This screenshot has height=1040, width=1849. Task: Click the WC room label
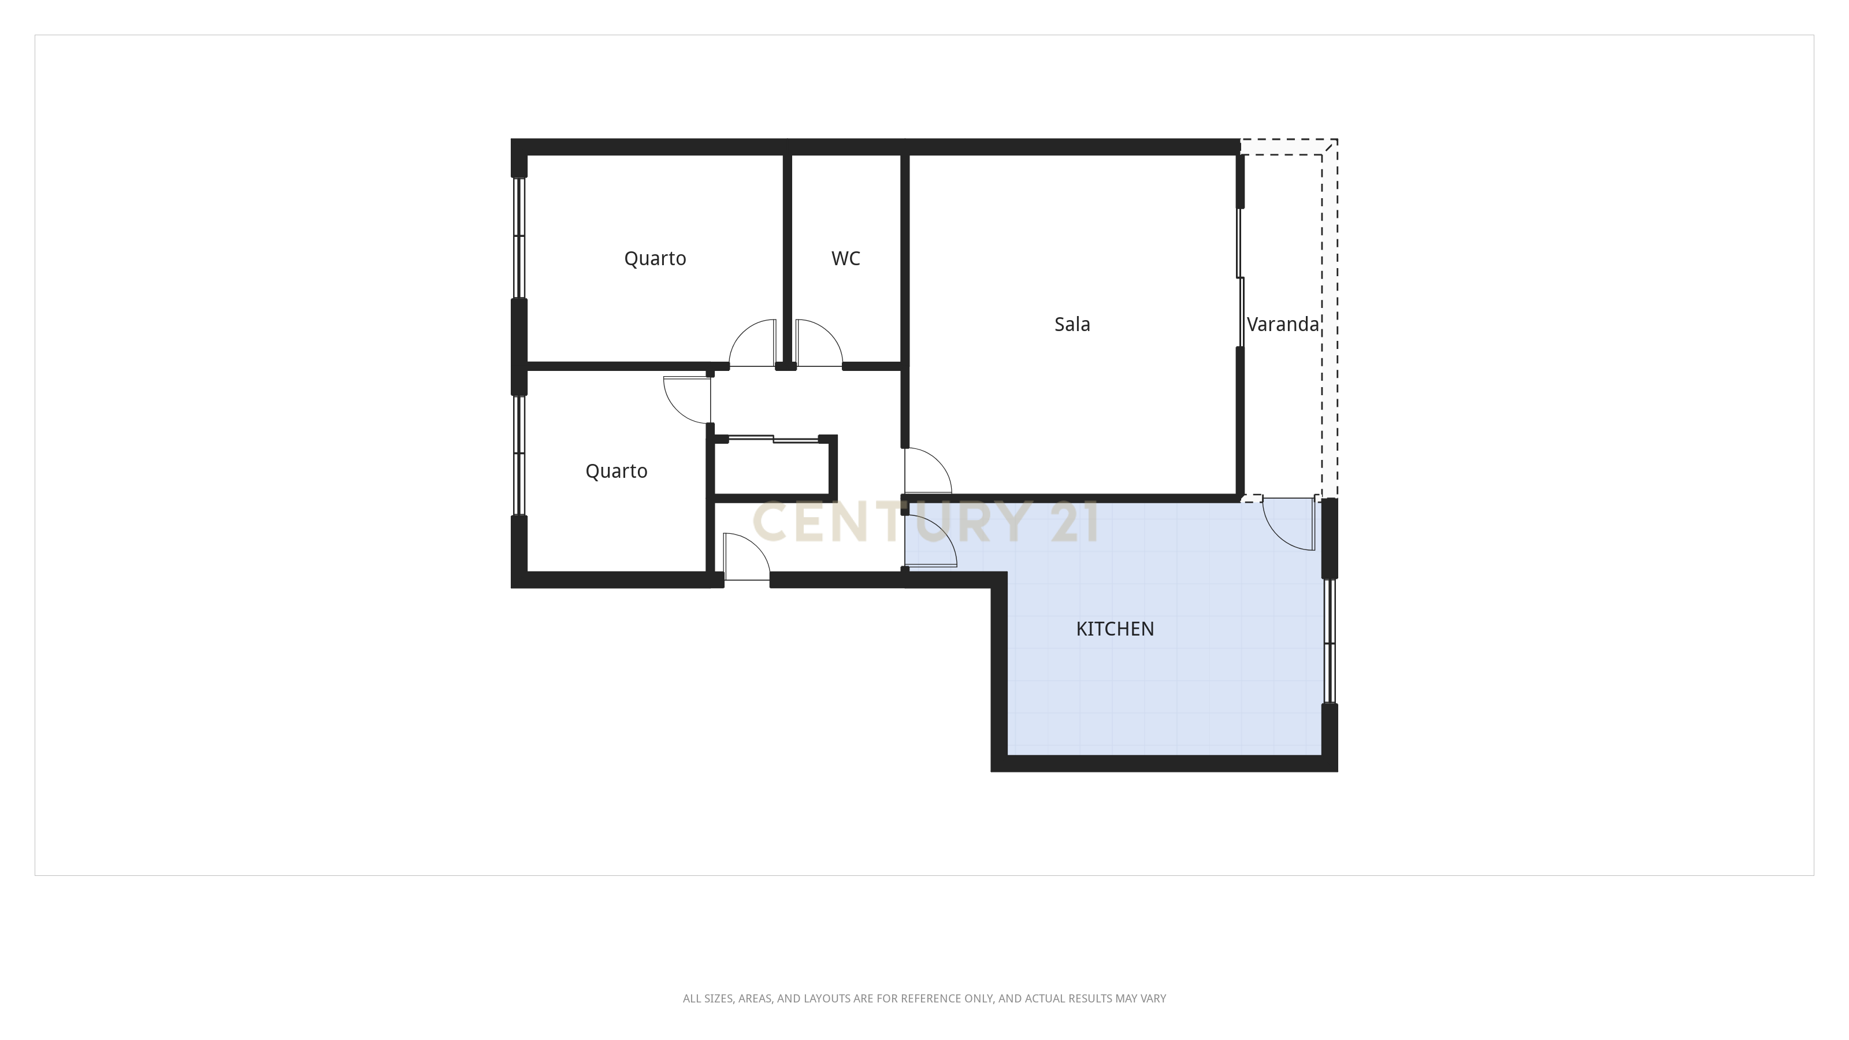[845, 259]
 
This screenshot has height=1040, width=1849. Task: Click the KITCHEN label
[1115, 629]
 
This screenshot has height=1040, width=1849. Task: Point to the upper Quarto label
[655, 259]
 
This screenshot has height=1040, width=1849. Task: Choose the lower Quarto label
[616, 471]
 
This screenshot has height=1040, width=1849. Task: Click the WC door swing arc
[818, 343]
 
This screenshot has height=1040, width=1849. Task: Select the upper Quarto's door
[752, 343]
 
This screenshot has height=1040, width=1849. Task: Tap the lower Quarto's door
[687, 399]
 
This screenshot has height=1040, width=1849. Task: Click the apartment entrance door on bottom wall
[747, 557]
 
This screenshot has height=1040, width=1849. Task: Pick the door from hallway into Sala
[927, 471]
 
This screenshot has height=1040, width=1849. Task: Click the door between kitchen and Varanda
[1289, 524]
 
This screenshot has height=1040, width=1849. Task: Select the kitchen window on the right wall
[1330, 640]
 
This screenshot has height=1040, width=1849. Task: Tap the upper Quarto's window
[518, 237]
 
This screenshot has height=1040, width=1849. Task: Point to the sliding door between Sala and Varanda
[1241, 278]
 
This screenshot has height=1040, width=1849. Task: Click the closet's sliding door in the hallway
[774, 439]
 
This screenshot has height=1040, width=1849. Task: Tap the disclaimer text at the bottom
[924, 998]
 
